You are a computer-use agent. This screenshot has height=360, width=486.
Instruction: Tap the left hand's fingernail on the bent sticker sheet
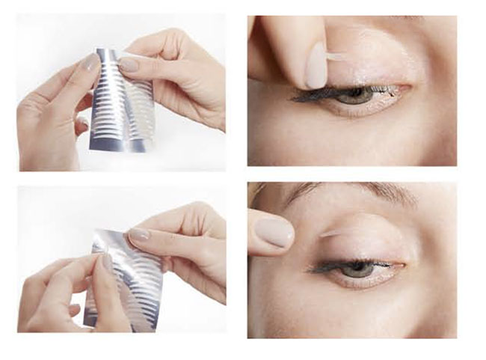pyautogui.click(x=91, y=63)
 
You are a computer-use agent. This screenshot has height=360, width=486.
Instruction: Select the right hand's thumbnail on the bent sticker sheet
pyautogui.click(x=129, y=64)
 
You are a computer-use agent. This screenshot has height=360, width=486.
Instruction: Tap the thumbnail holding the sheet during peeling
pyautogui.click(x=139, y=235)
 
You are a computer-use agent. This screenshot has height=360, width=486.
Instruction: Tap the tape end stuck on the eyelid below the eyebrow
pyautogui.click(x=329, y=234)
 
